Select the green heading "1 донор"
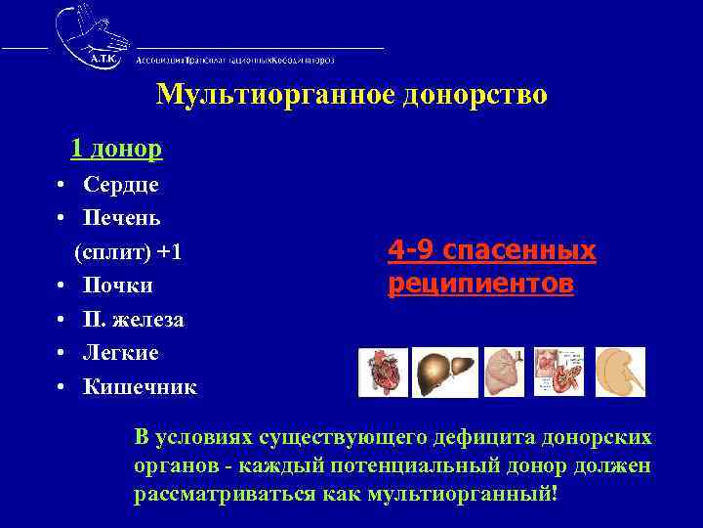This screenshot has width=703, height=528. coord(116,149)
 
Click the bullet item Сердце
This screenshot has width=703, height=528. coord(121,184)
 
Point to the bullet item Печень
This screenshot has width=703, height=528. coord(122,217)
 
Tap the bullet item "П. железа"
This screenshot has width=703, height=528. coord(134,320)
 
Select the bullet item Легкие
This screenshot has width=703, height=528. coord(121,353)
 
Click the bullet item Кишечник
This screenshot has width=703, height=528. coord(140,387)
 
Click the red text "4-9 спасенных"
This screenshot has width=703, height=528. coord(491,251)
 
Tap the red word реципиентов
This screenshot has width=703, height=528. coord(480,285)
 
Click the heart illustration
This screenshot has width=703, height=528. coord(383,373)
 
